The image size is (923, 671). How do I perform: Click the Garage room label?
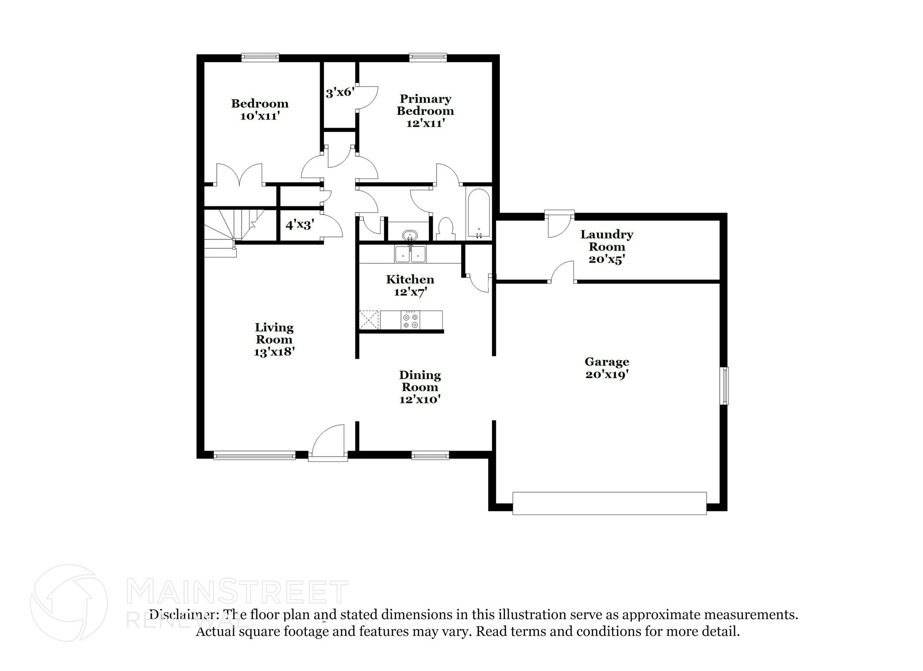pos(607,361)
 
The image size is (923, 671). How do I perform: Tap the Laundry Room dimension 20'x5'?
pos(607,260)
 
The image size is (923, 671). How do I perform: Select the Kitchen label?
pos(410,279)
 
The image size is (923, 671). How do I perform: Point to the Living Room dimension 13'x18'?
pos(274,352)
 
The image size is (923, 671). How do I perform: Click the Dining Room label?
pos(420,381)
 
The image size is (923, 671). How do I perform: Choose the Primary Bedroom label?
pos(425,105)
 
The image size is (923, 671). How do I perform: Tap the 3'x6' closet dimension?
pos(340,93)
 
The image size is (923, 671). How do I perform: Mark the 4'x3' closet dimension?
pos(299,224)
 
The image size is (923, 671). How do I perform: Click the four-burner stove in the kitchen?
pos(410,320)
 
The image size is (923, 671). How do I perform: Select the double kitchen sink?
pos(410,254)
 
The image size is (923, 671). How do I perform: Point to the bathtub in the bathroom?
pos(478,214)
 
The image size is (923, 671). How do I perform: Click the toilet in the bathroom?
pos(446,228)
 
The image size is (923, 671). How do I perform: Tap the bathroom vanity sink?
pos(409,235)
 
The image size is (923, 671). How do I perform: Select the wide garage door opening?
pos(609,503)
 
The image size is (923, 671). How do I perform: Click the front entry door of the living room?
pos(328,444)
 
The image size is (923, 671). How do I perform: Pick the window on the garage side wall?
pos(724,385)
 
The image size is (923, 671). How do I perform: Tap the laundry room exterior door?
pos(559,224)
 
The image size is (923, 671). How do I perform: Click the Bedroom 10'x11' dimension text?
pos(260,116)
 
